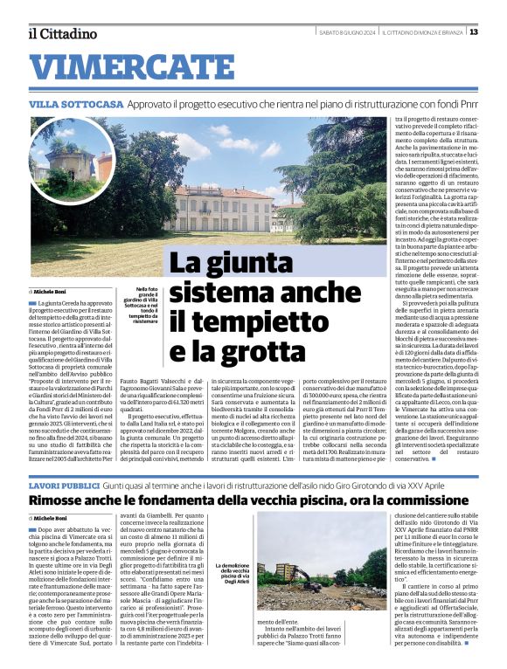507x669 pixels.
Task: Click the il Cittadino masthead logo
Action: [61, 33]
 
